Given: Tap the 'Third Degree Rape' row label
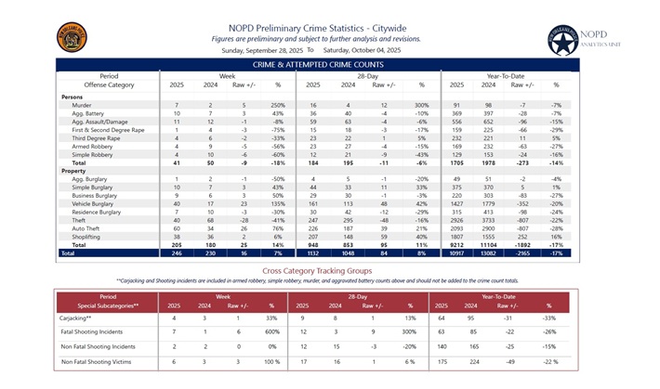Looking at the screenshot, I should [97, 137].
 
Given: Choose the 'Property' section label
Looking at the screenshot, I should [74, 171].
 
